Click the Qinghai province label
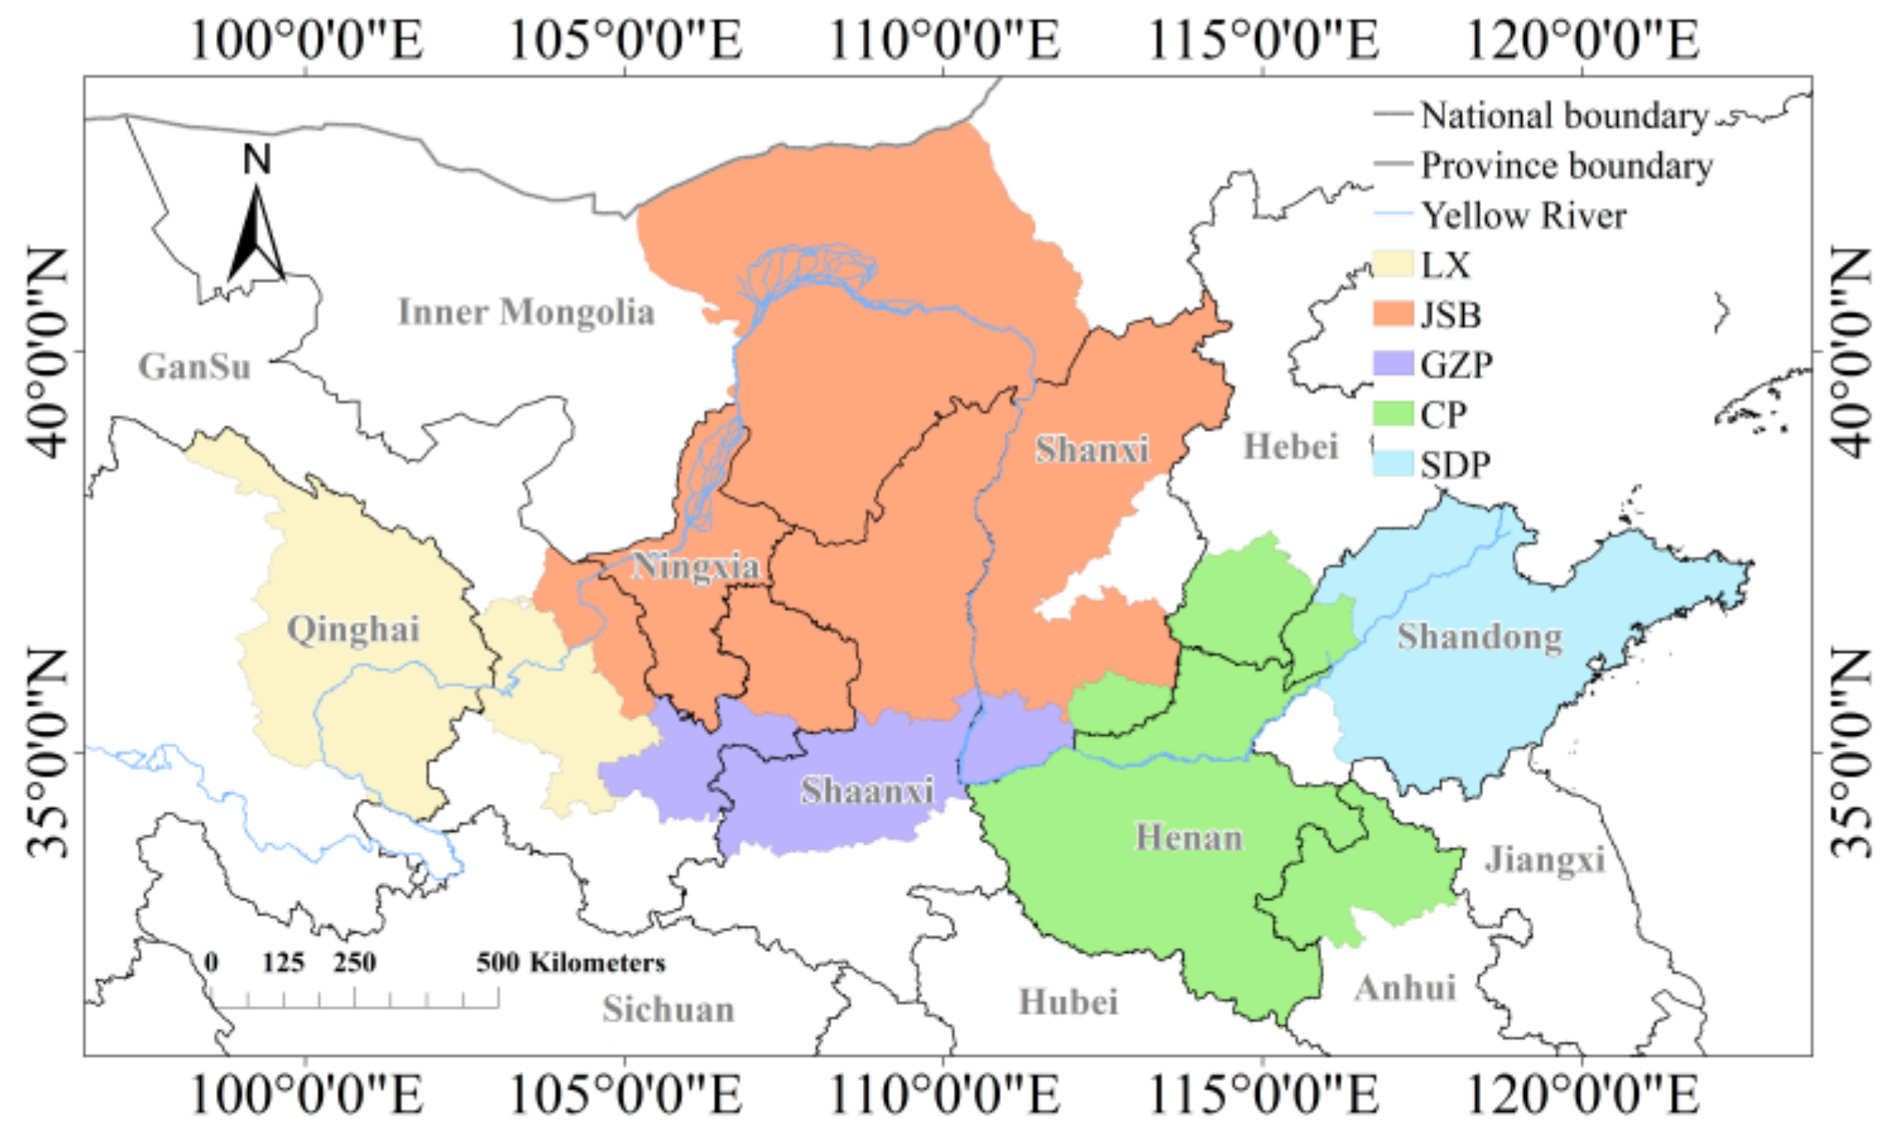tap(353, 629)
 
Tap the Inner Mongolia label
tap(526, 312)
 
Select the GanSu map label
tap(195, 367)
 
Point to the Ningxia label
tap(695, 566)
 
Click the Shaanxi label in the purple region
tap(867, 791)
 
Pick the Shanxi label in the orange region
tap(1091, 449)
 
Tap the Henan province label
tap(1189, 838)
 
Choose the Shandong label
tap(1480, 637)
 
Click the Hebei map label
tap(1291, 447)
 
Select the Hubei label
tap(1068, 1002)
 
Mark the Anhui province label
tap(1405, 988)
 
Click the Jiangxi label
tap(1545, 859)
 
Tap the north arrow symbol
tap(256, 231)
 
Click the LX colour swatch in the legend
tap(1392, 264)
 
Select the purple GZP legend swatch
tap(1392, 363)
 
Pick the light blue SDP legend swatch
tap(1392, 463)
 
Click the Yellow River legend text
tap(1524, 215)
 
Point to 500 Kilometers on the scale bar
tap(571, 962)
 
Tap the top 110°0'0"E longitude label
tap(944, 39)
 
